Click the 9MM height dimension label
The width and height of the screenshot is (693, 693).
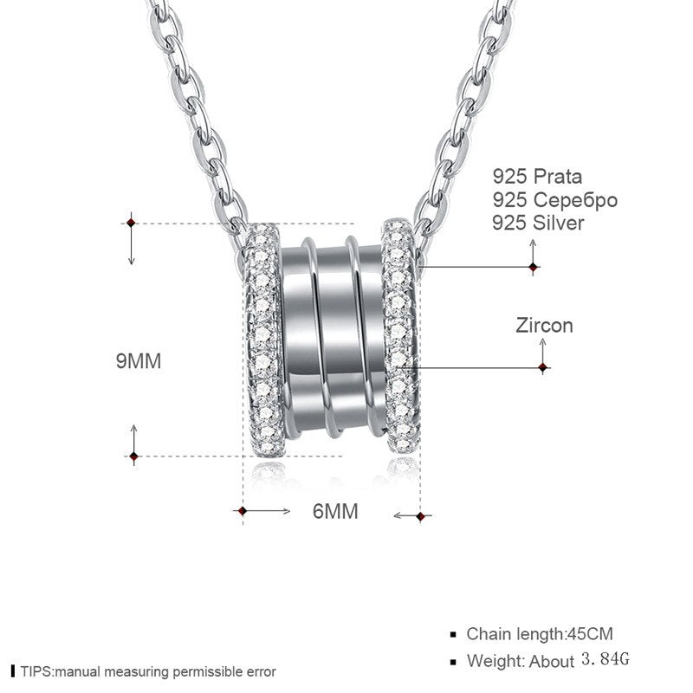(x=139, y=360)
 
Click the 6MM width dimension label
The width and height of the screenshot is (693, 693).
(x=335, y=512)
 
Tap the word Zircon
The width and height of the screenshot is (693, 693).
(x=544, y=327)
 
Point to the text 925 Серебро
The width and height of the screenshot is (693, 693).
(x=554, y=200)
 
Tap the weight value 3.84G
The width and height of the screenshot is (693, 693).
(x=606, y=660)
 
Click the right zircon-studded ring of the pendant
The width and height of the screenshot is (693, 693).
(x=399, y=338)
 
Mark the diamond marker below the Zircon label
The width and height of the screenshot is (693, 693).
(x=543, y=368)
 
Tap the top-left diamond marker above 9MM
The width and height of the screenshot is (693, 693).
(x=132, y=223)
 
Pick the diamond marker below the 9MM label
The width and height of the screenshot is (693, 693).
(x=133, y=456)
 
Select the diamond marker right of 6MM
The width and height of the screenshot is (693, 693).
(x=420, y=516)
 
